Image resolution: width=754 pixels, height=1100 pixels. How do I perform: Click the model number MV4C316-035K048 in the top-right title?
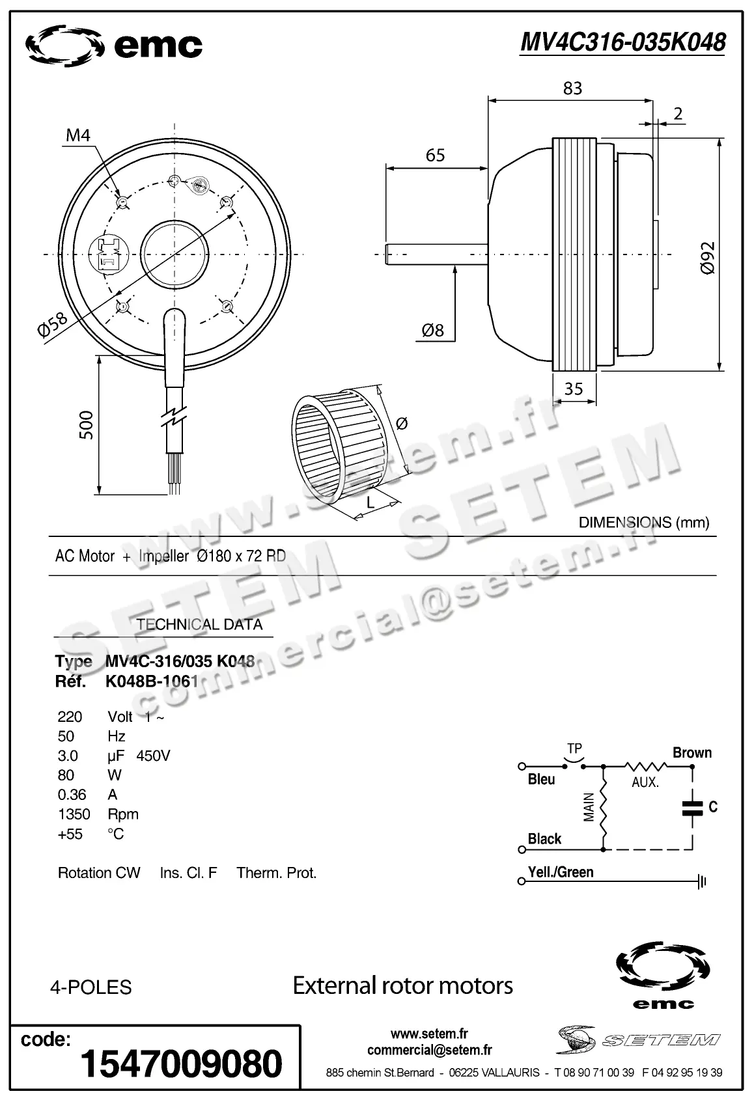[622, 42]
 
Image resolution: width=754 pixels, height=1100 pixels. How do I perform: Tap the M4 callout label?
[78, 135]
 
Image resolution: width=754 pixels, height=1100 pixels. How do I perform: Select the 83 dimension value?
[572, 88]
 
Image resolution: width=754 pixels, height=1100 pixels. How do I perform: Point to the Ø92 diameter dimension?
[708, 258]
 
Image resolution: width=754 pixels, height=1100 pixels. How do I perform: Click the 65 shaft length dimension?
[435, 155]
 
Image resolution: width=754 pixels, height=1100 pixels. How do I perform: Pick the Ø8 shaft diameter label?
[433, 331]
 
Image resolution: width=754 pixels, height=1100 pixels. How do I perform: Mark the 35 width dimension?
[574, 389]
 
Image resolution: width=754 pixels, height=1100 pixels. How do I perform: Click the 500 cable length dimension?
[86, 425]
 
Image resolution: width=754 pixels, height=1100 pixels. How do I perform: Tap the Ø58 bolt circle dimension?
[52, 324]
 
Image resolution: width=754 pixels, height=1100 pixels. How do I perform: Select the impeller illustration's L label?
[370, 502]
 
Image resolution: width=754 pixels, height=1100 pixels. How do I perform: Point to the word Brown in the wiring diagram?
[691, 752]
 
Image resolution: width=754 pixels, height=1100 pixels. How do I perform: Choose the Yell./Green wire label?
[561, 872]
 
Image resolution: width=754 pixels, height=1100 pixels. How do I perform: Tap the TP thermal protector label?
[574, 749]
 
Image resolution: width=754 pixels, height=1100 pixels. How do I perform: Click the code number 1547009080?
[181, 1064]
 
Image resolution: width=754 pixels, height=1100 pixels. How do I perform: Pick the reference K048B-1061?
[151, 681]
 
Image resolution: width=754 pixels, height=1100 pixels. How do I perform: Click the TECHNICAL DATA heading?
[199, 624]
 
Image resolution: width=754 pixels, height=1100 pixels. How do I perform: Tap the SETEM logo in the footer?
[638, 1039]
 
